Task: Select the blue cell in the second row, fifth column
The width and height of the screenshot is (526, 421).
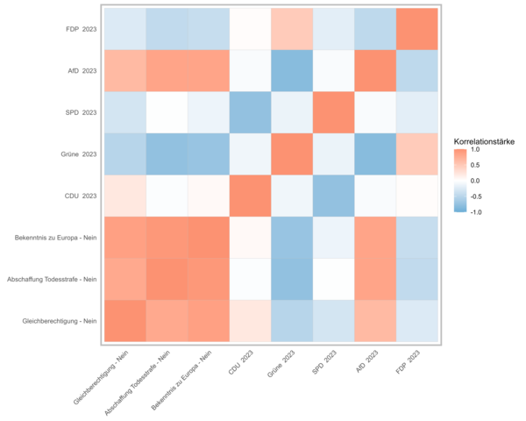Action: click(x=292, y=71)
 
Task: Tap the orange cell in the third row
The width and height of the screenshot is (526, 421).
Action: click(x=334, y=112)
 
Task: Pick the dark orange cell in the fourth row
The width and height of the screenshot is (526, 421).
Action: click(x=292, y=154)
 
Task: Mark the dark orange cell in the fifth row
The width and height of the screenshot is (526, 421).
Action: click(x=250, y=196)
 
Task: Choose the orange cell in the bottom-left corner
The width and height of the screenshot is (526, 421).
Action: click(x=124, y=320)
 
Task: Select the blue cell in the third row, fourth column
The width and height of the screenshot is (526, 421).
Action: click(x=250, y=112)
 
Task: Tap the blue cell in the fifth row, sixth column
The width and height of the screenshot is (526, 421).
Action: click(x=334, y=196)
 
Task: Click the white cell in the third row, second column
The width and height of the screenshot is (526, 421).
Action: click(x=167, y=112)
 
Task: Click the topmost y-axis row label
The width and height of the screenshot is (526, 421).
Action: click(x=82, y=30)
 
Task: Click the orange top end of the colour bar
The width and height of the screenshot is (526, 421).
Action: click(x=460, y=153)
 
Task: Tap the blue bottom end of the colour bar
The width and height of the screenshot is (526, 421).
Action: click(x=460, y=209)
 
